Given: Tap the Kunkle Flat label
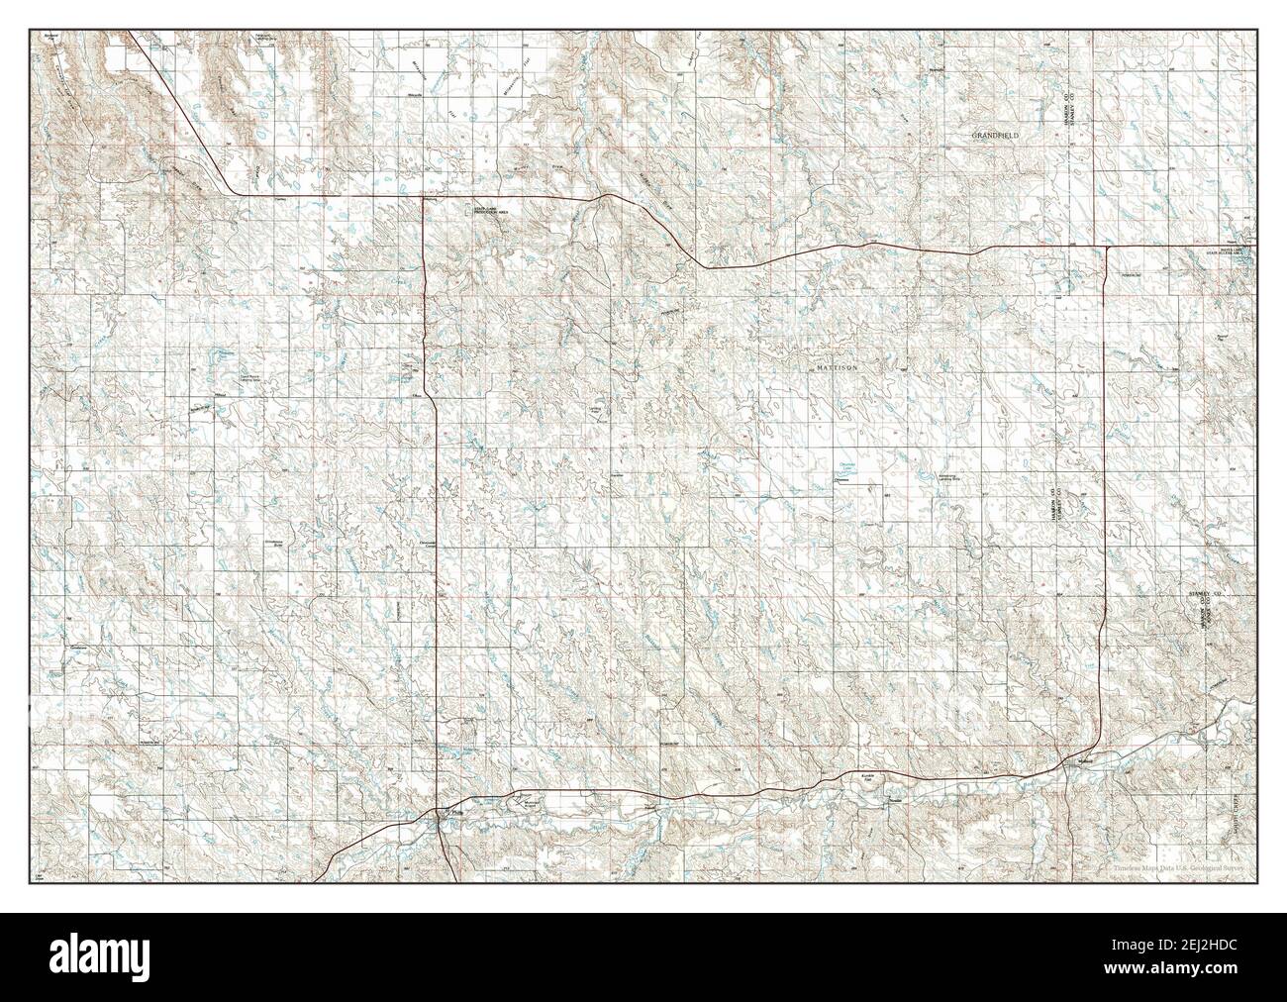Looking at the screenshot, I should [x=868, y=779].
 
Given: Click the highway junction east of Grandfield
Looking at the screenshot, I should [x=1106, y=246].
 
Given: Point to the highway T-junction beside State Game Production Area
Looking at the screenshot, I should [x=425, y=197].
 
